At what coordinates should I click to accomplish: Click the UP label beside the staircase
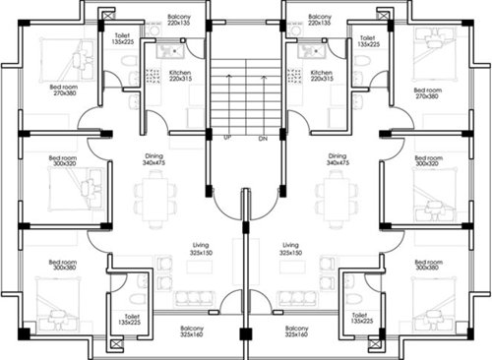pos(228,138)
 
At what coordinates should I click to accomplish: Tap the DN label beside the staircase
pos(263,138)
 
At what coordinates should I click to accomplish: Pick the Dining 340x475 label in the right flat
pos(338,160)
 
